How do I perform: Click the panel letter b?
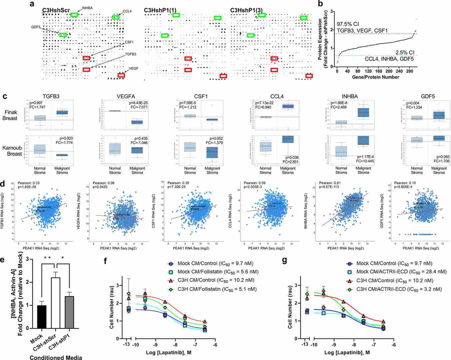click(320, 4)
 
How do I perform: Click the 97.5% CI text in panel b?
click(349, 24)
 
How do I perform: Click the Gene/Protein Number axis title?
click(376, 77)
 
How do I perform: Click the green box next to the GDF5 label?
click(63, 35)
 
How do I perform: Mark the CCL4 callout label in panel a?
click(127, 11)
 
